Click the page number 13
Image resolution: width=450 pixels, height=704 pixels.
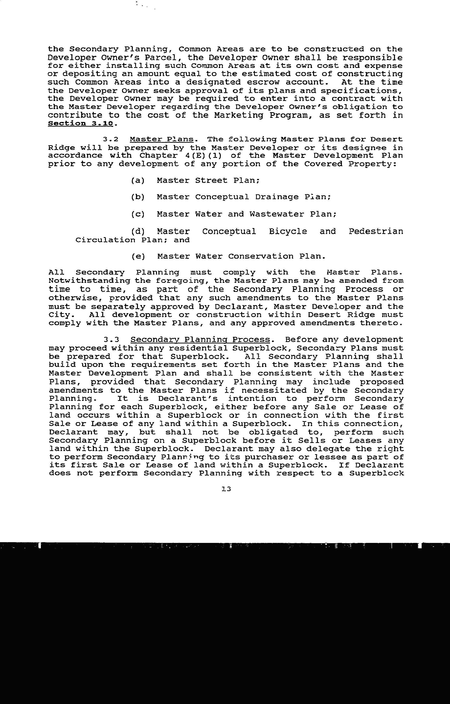226,489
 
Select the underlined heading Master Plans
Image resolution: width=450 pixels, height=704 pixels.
162,139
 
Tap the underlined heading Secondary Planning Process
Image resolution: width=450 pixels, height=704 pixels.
200,340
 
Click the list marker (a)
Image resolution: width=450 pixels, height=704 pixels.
138,180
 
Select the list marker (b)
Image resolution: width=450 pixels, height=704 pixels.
138,197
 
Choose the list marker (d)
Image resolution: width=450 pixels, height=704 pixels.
138,231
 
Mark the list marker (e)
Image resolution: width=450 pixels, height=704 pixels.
138,256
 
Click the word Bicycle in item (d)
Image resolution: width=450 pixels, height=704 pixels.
288,231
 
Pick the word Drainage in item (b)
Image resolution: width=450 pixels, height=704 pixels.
277,197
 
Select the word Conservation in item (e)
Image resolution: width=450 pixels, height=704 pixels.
261,256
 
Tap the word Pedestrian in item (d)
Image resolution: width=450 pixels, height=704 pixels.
376,231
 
